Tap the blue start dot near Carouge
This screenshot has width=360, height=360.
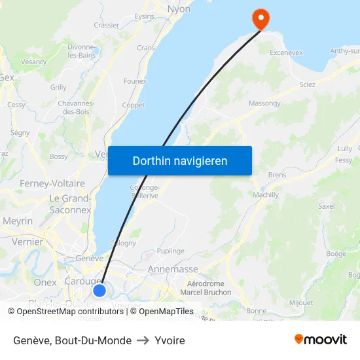pos(99,290)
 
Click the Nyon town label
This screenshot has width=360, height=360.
pos(179,9)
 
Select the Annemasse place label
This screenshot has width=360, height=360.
pos(173,269)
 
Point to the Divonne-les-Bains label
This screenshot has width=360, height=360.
pos(82,51)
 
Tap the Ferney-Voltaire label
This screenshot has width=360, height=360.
pos(52,183)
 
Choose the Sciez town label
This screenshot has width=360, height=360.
pos(307,84)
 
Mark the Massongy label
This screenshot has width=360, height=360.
pos(264,103)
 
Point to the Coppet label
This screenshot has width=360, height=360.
pos(134,105)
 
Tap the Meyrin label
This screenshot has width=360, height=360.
pos(18,221)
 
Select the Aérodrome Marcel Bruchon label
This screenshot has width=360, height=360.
pos(206,288)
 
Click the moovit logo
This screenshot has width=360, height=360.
pos(321,339)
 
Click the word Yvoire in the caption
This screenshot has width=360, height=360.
pos(170,340)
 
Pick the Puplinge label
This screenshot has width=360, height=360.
pos(170,251)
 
